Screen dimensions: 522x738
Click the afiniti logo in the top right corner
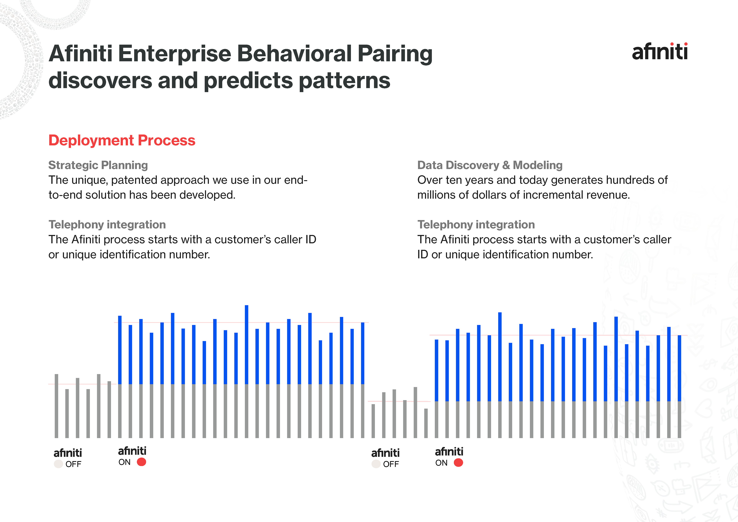[660, 52]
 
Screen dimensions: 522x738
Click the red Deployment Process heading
[122, 141]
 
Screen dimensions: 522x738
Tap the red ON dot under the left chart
[141, 462]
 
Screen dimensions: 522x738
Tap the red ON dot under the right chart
[458, 463]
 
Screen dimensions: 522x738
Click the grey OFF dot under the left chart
[58, 464]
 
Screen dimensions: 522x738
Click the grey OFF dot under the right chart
[376, 464]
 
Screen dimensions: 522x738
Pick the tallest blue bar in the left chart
[247, 344]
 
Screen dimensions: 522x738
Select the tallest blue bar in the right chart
[500, 356]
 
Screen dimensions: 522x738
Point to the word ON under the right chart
[441, 463]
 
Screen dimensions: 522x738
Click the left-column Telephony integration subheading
[107, 225]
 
